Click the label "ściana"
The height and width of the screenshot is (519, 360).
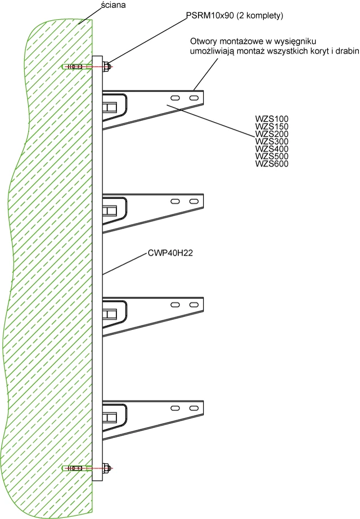(113, 5)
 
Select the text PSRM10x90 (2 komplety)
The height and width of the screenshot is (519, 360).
(235, 16)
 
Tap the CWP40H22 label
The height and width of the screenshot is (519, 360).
(170, 253)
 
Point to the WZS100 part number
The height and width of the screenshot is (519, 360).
(272, 119)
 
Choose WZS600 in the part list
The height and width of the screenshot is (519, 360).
(272, 164)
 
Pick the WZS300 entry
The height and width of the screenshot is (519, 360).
(272, 141)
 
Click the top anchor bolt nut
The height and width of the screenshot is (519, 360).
(106, 66)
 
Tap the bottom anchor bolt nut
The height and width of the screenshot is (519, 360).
(106, 468)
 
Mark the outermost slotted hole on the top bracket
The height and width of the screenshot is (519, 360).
(193, 97)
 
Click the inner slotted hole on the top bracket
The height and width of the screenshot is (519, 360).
(175, 97)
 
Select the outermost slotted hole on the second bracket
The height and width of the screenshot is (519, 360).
(193, 202)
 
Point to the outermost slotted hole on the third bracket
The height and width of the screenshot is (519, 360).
(193, 305)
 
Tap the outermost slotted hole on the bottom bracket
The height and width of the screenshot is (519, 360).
(193, 408)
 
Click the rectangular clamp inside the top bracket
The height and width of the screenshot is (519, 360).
(110, 107)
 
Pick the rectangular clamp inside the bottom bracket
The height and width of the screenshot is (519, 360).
(110, 417)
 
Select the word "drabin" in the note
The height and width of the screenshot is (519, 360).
(348, 51)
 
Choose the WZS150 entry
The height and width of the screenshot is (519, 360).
(272, 127)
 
